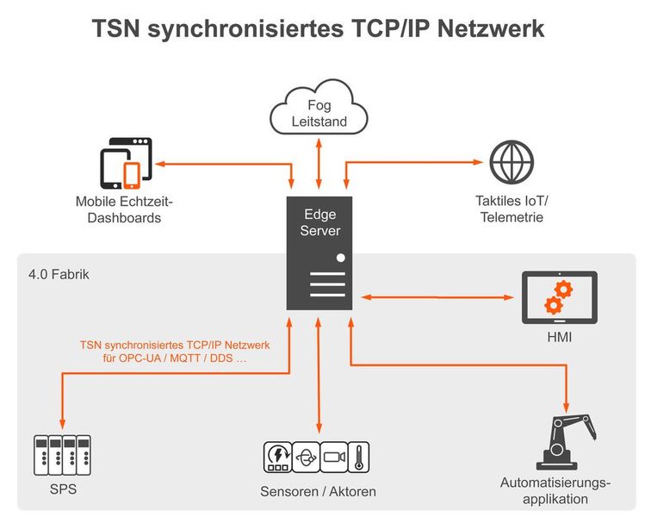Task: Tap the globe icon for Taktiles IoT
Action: [x=512, y=163]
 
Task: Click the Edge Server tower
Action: [x=319, y=253]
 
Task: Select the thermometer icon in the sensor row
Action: [x=358, y=458]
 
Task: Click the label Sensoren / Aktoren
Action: [x=318, y=492]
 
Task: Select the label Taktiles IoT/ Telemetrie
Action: [x=512, y=209]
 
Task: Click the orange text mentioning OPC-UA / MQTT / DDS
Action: [x=175, y=351]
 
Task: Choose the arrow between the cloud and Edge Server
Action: [x=319, y=165]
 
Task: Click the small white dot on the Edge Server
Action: [x=341, y=258]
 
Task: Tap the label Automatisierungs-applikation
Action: [x=555, y=490]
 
